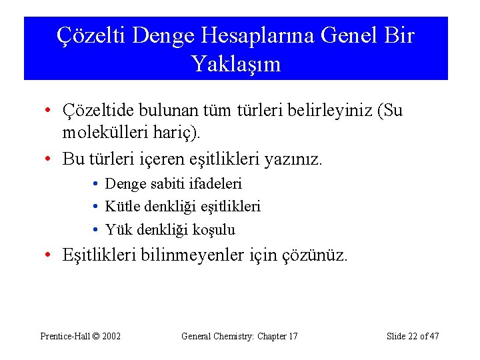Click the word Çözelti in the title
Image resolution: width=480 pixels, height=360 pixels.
(x=91, y=35)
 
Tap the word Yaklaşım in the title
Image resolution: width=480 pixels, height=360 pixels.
(x=236, y=64)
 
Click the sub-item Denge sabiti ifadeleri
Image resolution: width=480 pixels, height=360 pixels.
(x=173, y=183)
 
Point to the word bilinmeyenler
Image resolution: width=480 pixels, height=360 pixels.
(x=199, y=255)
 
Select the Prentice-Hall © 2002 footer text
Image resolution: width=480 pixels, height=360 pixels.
(x=81, y=336)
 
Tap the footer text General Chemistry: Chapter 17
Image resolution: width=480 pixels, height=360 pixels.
(x=239, y=336)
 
